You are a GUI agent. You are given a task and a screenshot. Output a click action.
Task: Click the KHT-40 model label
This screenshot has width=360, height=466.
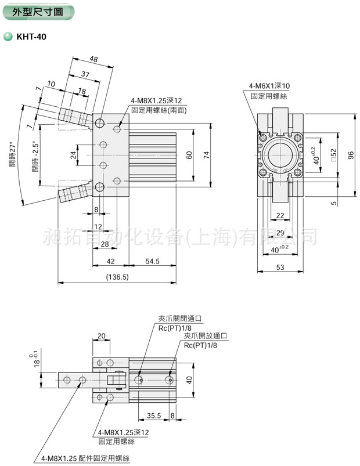point(32,37)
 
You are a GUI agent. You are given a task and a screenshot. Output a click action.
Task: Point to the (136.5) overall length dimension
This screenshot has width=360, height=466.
point(117,277)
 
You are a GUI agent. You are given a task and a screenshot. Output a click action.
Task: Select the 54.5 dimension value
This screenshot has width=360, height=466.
point(153,262)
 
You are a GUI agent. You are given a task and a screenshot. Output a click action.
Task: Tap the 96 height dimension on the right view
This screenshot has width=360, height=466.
point(350,156)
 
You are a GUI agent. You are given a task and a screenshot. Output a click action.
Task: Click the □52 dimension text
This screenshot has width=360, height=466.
point(332,155)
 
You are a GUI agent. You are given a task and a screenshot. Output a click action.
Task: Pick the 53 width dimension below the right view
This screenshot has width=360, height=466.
point(280,267)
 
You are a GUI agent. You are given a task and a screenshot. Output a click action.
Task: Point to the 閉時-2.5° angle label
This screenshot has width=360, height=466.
point(35,156)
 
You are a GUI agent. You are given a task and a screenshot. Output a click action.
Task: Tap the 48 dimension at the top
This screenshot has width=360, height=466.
point(93,59)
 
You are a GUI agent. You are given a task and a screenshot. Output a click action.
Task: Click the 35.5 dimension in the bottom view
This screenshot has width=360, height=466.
point(154,416)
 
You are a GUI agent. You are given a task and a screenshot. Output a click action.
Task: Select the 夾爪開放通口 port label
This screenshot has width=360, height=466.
point(205,336)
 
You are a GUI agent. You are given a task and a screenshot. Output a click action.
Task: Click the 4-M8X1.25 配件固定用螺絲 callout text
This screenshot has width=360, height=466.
point(85,458)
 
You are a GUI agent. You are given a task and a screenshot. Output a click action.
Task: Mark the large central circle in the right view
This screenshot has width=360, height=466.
point(281,155)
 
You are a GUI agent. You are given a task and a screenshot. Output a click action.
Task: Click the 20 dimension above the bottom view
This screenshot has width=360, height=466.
point(101,336)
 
